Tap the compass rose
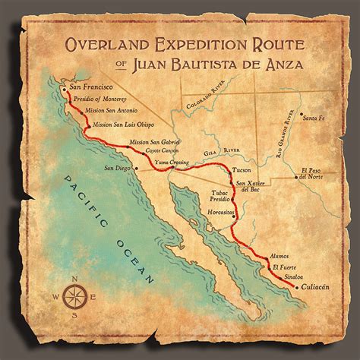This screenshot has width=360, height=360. coord(73,296)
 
